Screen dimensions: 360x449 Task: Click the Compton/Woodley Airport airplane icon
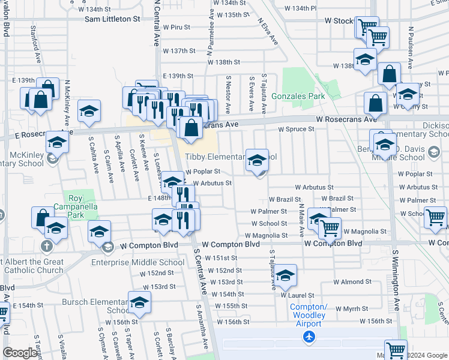(x=309, y=337)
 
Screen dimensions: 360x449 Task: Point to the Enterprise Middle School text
(x=137, y=262)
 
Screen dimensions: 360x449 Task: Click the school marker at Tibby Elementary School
(x=258, y=160)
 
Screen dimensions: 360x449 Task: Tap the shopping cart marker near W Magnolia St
(x=330, y=227)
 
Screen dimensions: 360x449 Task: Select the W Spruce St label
(x=296, y=129)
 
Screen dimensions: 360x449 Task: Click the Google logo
(x=20, y=353)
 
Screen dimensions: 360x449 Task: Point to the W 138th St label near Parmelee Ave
(x=224, y=62)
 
